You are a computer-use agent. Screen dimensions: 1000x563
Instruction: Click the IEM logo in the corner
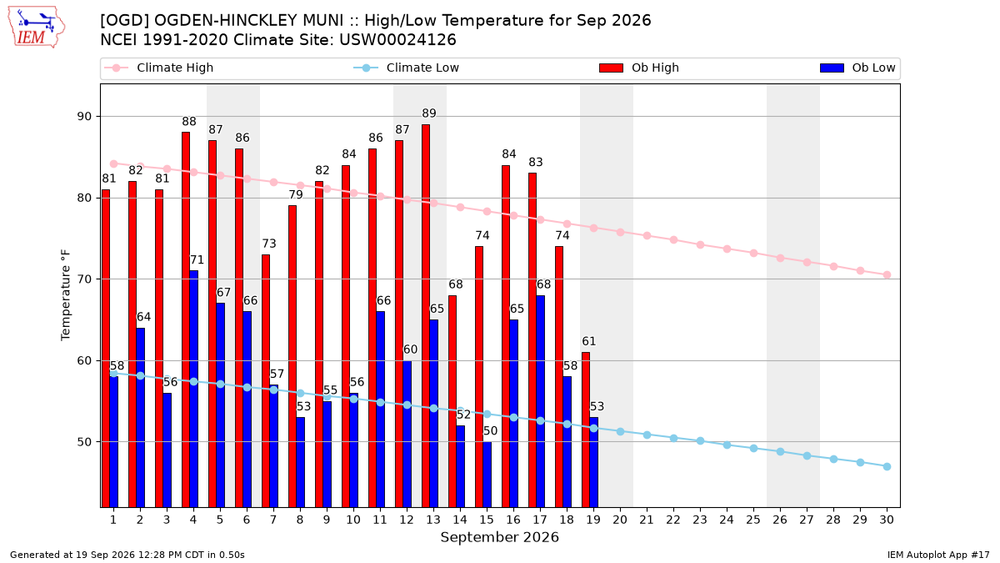point(37,28)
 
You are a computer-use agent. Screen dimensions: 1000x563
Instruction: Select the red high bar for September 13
point(426,315)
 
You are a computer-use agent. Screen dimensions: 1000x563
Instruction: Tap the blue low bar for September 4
point(193,389)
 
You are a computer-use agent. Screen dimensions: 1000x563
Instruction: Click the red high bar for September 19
point(586,430)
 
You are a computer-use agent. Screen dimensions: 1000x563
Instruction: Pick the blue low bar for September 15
point(487,474)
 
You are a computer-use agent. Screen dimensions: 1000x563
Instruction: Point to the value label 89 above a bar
point(429,113)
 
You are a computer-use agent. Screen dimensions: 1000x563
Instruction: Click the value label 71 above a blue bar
point(197,260)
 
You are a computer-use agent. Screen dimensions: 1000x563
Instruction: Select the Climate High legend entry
point(159,68)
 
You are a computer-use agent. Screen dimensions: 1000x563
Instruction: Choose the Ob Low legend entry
point(857,68)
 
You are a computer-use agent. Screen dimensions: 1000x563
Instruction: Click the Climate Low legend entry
point(407,68)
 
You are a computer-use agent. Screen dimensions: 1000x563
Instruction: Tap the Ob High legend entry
point(639,68)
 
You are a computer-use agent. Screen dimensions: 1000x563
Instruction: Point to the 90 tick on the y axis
point(84,117)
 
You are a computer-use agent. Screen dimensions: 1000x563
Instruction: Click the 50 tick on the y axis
point(84,442)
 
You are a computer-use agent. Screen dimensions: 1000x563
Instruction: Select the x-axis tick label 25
point(753,520)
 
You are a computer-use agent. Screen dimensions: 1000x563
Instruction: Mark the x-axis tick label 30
point(887,520)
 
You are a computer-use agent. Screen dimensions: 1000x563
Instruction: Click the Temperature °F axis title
point(66,295)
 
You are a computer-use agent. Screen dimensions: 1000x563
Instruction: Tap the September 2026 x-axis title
point(499,537)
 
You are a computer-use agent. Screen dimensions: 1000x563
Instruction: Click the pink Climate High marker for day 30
point(887,274)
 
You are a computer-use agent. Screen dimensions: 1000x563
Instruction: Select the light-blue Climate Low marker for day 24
point(727,445)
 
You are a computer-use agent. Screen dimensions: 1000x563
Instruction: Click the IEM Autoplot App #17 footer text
point(938,555)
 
